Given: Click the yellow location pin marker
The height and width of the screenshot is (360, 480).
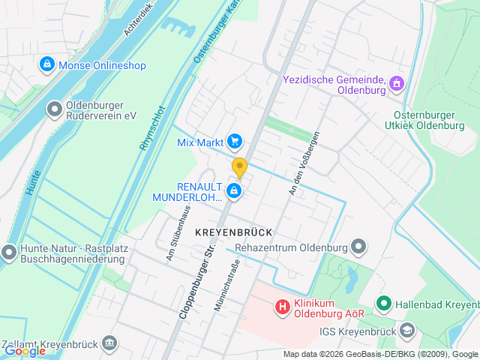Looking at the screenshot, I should click(x=239, y=167).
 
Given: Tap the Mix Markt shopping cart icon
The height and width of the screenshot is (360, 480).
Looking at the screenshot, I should click(x=235, y=140).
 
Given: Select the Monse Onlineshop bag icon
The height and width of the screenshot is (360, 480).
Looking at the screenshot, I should click(x=47, y=65).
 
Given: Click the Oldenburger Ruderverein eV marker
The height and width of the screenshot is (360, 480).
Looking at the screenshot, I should click(x=55, y=110).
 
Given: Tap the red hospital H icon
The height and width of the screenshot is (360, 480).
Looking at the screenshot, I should click(x=282, y=306).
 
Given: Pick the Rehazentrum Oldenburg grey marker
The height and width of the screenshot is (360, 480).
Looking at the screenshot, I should click(x=359, y=247).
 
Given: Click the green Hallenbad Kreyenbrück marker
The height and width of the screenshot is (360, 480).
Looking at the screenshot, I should click(x=384, y=304).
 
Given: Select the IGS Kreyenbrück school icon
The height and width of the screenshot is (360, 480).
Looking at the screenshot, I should click(x=406, y=330).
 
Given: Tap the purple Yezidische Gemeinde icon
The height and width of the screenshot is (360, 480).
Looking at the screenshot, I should click(x=397, y=84).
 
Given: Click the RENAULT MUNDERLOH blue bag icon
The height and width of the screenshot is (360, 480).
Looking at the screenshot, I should click(x=235, y=192).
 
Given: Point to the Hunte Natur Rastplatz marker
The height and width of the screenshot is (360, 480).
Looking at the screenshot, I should click(x=9, y=253).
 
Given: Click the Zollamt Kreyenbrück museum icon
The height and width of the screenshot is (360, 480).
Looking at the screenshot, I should click(x=110, y=343).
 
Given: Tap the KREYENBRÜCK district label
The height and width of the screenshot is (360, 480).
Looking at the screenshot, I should click(x=233, y=232).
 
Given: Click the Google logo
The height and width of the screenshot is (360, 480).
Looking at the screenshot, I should click(x=25, y=350).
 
